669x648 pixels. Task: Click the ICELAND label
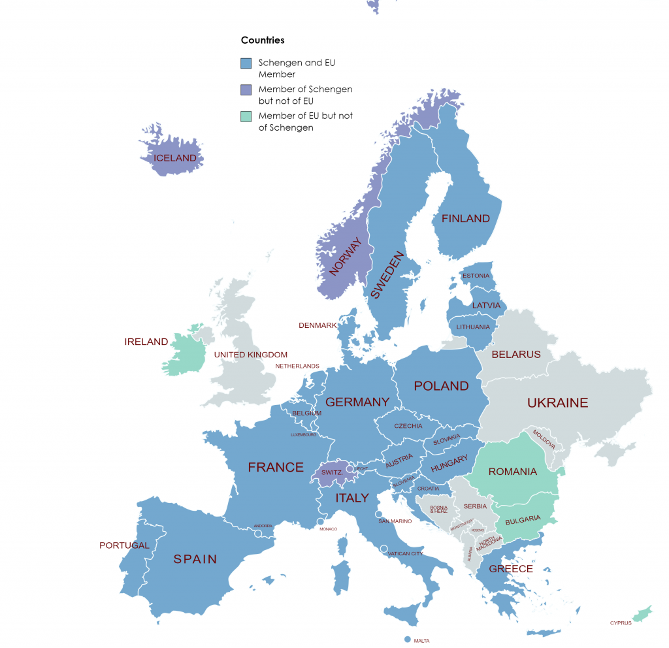(x=174, y=158)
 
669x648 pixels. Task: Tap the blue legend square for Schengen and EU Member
(x=246, y=63)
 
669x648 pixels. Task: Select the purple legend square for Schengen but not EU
(x=246, y=89)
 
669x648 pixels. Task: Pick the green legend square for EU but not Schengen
(x=246, y=116)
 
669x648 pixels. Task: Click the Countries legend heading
(x=263, y=40)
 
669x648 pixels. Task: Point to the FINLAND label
(x=465, y=219)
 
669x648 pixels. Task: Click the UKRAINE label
(x=557, y=403)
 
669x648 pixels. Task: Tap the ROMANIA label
(x=512, y=472)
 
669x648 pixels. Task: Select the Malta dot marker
(x=407, y=640)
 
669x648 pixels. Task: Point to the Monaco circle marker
(x=320, y=521)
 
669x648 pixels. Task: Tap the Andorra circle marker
(x=258, y=534)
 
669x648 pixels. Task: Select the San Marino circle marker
(x=379, y=515)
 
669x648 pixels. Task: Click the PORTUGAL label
(x=124, y=545)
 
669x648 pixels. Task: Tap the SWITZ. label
(x=332, y=472)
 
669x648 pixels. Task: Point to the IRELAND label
(x=146, y=342)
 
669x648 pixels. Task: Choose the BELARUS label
(x=516, y=355)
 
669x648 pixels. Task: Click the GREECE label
(x=511, y=569)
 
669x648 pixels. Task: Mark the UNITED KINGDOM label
(x=250, y=355)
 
